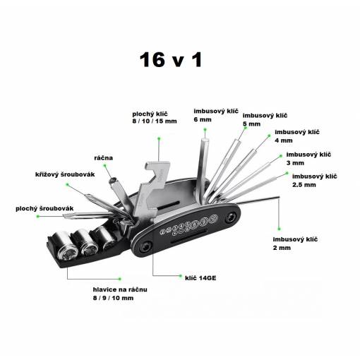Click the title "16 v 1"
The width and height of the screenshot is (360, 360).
(171, 60)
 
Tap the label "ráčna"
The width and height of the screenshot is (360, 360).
(103, 157)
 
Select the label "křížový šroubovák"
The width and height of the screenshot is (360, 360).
(65, 174)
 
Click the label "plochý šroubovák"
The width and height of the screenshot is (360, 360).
(44, 208)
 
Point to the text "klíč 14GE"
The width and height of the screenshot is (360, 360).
(200, 278)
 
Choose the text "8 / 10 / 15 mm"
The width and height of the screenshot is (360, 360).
(155, 121)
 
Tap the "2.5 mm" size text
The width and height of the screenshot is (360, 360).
(304, 185)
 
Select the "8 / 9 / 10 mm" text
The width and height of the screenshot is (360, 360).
(113, 298)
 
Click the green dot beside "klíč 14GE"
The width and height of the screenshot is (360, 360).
(181, 276)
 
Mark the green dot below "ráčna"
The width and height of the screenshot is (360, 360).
(104, 165)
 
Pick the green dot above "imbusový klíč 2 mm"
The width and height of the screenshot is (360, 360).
(279, 229)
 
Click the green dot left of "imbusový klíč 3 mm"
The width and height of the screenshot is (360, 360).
(281, 156)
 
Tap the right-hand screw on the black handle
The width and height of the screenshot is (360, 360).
(231, 217)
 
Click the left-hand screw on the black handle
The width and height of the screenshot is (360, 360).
(145, 248)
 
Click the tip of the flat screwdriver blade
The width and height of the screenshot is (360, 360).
(63, 216)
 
